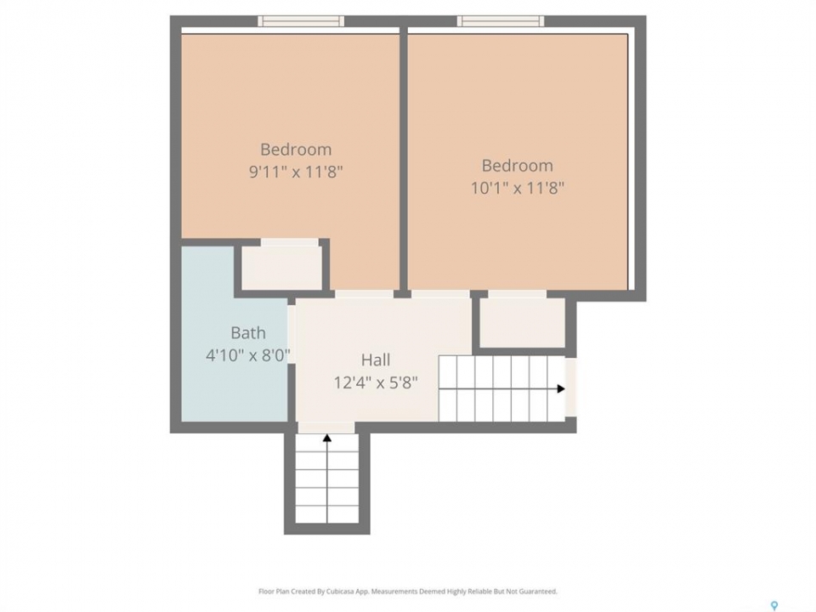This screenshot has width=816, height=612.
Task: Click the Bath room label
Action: [248, 332]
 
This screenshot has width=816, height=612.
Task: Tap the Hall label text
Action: [376, 360]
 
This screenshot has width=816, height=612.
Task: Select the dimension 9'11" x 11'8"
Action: [296, 171]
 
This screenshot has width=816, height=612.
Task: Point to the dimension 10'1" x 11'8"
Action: [518, 187]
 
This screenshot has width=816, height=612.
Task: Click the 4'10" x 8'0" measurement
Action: [247, 355]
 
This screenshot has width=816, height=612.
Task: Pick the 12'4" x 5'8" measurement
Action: [376, 383]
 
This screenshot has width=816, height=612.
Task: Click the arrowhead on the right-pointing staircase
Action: [561, 388]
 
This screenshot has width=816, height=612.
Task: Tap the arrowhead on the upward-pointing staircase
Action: [327, 439]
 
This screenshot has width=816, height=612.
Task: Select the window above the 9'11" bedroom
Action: [301, 20]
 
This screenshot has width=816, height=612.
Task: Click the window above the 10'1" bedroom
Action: [501, 20]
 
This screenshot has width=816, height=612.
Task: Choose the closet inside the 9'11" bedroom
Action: [282, 267]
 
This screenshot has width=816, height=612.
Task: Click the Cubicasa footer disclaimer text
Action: [408, 592]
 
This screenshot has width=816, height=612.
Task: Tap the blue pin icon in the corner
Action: [774, 605]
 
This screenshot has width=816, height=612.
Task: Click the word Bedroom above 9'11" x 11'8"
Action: [296, 150]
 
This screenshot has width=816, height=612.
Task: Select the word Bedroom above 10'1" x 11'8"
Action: [518, 166]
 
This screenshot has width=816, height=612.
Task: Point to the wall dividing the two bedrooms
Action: [403, 161]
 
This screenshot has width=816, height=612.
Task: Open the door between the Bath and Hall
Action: [292, 335]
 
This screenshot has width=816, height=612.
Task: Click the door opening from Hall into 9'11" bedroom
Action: [364, 294]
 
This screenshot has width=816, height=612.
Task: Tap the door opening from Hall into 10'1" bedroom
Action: [441, 294]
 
